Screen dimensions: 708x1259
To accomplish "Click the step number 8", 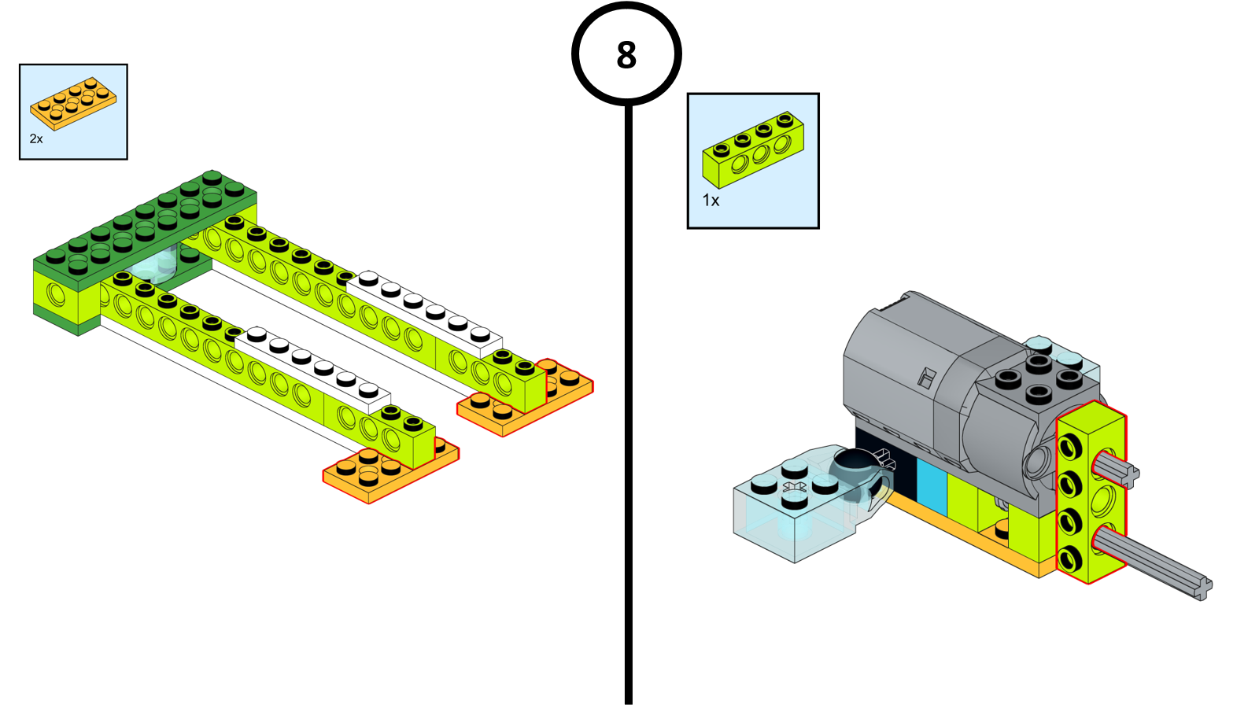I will point(626,55).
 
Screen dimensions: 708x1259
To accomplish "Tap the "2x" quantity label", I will point(36,139).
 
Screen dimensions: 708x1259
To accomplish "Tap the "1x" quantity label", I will point(711,201).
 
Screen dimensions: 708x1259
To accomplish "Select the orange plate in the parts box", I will point(73,104).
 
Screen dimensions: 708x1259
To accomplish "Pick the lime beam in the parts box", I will point(753,149).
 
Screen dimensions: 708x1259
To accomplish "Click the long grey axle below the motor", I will point(1157,562).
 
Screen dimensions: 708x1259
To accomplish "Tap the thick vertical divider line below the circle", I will point(628,393).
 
